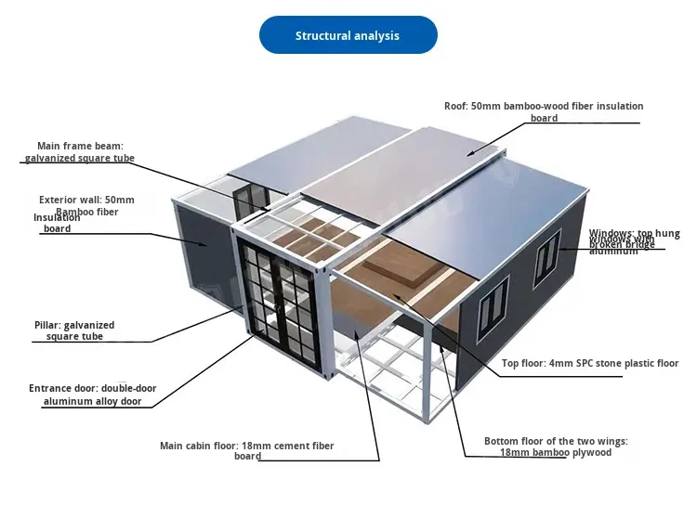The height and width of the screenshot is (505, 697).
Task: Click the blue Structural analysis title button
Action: (347, 35)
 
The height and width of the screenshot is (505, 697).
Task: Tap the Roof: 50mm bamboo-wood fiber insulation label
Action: (544, 111)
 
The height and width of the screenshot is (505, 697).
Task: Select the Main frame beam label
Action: (79, 152)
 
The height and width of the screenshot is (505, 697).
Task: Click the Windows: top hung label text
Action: (635, 241)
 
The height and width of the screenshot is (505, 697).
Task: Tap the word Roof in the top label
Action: (455, 107)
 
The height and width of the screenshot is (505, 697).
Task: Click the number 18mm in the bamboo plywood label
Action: (513, 452)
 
